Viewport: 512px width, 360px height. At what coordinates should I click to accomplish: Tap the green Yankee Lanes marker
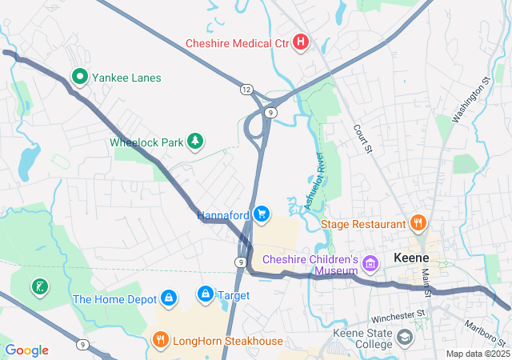coord(80,78)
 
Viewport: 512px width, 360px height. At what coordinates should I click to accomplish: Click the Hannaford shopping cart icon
coord(261,214)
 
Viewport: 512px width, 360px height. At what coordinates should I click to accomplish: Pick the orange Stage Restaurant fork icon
coord(417,223)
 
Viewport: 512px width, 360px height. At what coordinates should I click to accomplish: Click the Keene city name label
coord(412,258)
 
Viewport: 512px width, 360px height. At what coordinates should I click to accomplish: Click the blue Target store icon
coord(206,295)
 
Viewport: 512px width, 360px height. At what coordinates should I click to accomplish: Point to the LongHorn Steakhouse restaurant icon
coord(160,342)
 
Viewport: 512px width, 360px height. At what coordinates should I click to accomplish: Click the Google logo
coord(26,350)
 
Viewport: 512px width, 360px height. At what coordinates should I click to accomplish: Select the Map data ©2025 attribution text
coord(477,354)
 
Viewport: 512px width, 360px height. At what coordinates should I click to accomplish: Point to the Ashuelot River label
coord(314,181)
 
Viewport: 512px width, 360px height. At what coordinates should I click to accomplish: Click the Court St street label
coord(363,138)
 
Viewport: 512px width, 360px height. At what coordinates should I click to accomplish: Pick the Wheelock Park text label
coord(146,142)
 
